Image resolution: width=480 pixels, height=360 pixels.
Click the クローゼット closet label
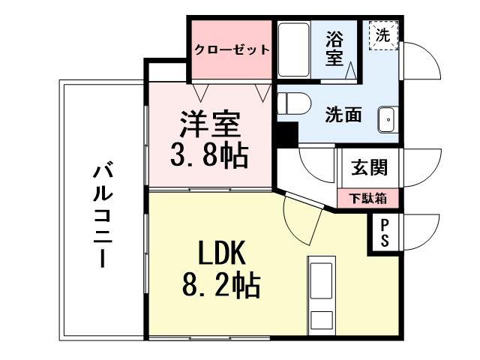pyautogui.click(x=232, y=50)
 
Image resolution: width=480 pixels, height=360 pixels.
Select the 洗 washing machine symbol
pyautogui.click(x=383, y=35)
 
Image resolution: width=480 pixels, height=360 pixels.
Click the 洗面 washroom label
pyautogui.click(x=343, y=115)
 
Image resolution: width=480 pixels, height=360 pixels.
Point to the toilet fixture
pyautogui.click(x=292, y=103)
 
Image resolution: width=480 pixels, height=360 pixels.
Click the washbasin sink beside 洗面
pyautogui.click(x=387, y=118)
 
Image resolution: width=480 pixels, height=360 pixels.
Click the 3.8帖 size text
pyautogui.click(x=208, y=155)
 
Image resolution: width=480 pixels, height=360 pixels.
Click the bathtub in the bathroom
pyautogui.click(x=294, y=49)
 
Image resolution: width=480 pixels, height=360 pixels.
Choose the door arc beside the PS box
pyautogui.click(x=420, y=232)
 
